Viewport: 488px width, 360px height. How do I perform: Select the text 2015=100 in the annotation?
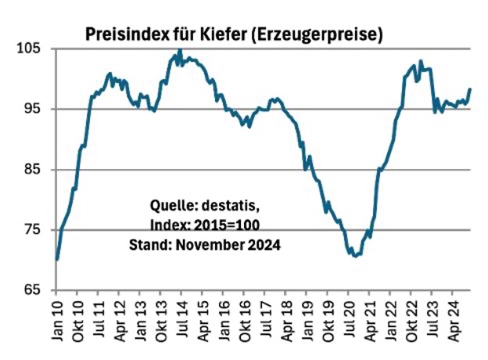(228, 225)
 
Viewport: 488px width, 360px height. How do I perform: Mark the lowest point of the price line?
(356, 256)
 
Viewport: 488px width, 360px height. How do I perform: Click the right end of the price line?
(470, 89)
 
